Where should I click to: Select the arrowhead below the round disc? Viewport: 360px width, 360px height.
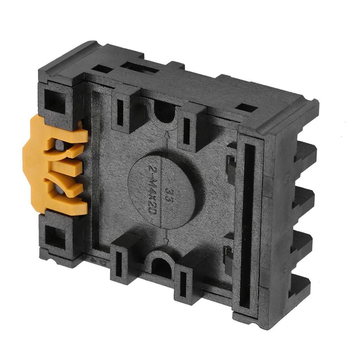167,242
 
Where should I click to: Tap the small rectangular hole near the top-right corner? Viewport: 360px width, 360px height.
246,108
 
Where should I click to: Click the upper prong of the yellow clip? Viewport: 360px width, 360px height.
70,135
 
